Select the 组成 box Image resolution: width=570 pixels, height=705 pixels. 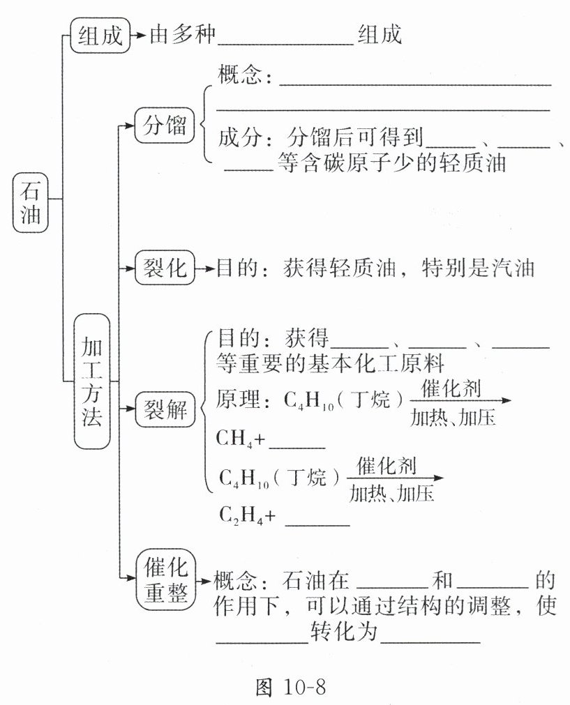[100, 36]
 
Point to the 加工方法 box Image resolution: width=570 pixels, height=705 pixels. [92, 381]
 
